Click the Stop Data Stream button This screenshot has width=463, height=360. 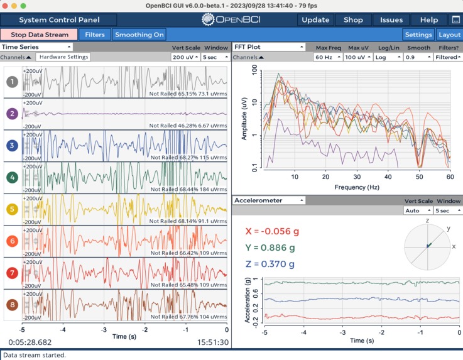coord(39,35)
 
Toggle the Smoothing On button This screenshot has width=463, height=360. coord(139,35)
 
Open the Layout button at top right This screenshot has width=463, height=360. coord(449,35)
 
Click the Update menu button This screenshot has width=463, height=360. coord(315,19)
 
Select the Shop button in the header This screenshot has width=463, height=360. coord(353,19)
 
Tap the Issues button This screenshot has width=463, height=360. coord(391,19)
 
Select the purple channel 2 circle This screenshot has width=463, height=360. coord(11,114)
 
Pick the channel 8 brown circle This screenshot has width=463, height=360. coord(11,305)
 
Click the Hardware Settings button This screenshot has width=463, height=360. coord(63,57)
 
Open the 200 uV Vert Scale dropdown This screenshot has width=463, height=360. coord(185,57)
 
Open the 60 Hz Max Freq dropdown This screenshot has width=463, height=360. coord(327,57)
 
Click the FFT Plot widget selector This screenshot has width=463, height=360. coord(269,46)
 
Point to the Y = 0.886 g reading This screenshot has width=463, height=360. coord(271,248)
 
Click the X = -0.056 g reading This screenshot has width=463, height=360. coord(271,231)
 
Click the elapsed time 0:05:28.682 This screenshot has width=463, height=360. coord(30,342)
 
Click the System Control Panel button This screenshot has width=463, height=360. coord(59,19)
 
